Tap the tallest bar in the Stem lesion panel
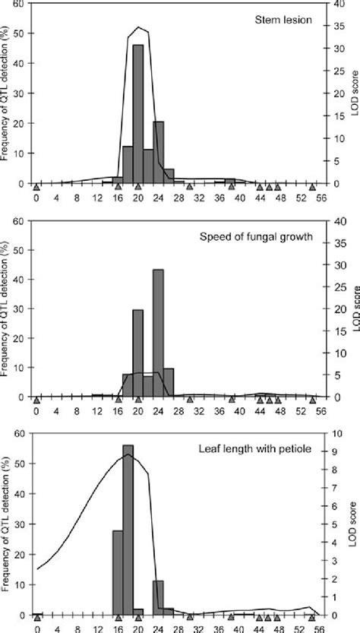pos(138,114)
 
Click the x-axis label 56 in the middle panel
pos(322,411)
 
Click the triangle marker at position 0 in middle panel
pos(36,399)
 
